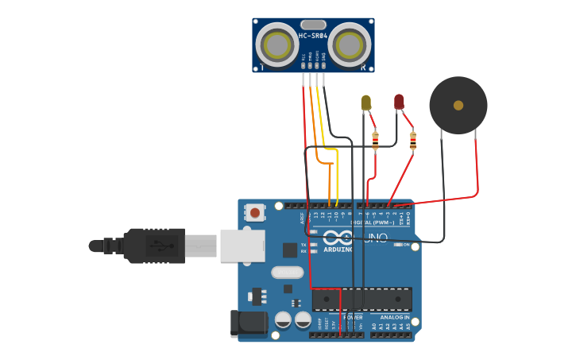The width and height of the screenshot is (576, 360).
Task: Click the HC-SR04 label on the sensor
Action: click(313, 36)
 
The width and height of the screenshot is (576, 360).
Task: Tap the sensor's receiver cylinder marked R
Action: click(350, 45)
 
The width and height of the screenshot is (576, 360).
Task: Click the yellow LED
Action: click(365, 102)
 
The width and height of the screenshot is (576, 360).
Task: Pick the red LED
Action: click(399, 101)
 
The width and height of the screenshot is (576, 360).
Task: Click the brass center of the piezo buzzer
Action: click(458, 105)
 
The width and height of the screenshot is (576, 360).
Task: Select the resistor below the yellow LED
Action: click(375, 141)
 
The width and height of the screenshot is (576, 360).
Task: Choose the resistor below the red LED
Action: click(412, 141)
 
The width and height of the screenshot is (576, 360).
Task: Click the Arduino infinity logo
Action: click(338, 238)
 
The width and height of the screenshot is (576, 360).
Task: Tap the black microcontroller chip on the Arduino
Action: click(361, 300)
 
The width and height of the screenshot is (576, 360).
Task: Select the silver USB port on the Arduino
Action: click(242, 246)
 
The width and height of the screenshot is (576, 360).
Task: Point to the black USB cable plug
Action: click(154, 246)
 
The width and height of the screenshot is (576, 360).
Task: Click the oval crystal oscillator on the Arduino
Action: click(287, 273)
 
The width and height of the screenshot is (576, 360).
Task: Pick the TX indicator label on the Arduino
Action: click(303, 244)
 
